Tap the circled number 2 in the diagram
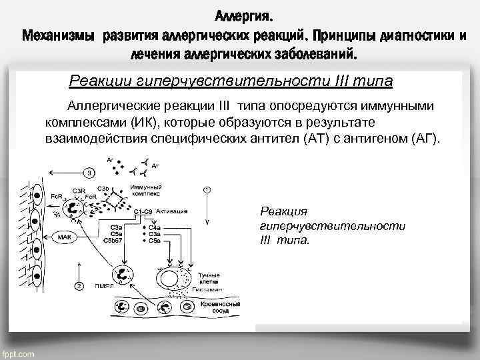click(79, 286)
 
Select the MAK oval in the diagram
click(65, 235)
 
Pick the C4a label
click(154, 228)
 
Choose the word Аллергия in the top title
click(243, 15)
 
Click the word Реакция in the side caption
click(283, 211)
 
